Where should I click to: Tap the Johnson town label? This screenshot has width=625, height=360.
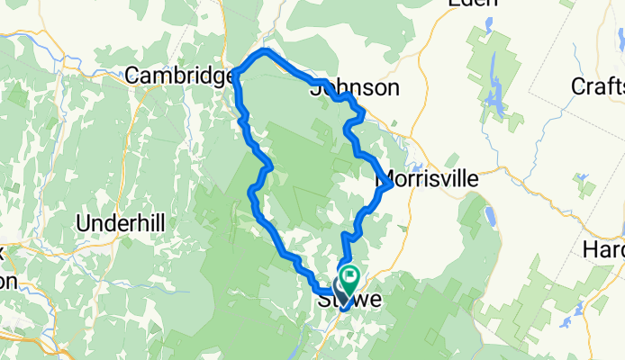point(354,87)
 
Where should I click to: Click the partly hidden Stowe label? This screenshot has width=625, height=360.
point(350,300)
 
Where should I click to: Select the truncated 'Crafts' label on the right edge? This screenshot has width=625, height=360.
point(598,86)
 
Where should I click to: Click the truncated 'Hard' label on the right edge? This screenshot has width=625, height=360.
point(604,247)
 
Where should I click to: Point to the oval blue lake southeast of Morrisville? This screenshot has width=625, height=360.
point(490,217)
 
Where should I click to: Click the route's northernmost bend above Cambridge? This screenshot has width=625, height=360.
point(266,51)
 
